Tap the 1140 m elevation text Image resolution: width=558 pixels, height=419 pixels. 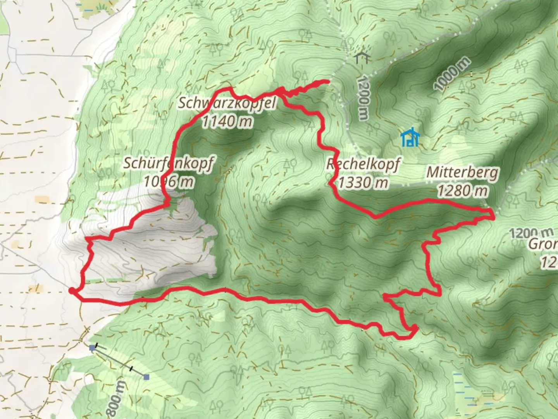227,122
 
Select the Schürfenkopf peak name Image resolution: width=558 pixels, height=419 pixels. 168,163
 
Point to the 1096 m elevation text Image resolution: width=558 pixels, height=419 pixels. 168,181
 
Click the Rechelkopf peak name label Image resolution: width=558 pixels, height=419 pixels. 363,164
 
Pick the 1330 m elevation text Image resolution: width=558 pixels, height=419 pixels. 363,182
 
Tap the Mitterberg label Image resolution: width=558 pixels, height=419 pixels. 462,172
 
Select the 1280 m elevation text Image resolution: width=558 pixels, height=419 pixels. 462,190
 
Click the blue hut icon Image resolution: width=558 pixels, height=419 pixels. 410,137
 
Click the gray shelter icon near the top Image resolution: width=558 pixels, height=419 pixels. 363,58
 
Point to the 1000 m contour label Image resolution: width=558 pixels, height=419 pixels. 452,74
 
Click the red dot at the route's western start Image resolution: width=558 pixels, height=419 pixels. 72,290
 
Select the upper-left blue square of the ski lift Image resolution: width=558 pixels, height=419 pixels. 92,348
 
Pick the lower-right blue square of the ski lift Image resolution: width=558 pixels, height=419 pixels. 146,377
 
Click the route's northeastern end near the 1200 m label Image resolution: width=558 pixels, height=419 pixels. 327,81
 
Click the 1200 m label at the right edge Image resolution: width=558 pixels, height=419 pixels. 531,233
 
